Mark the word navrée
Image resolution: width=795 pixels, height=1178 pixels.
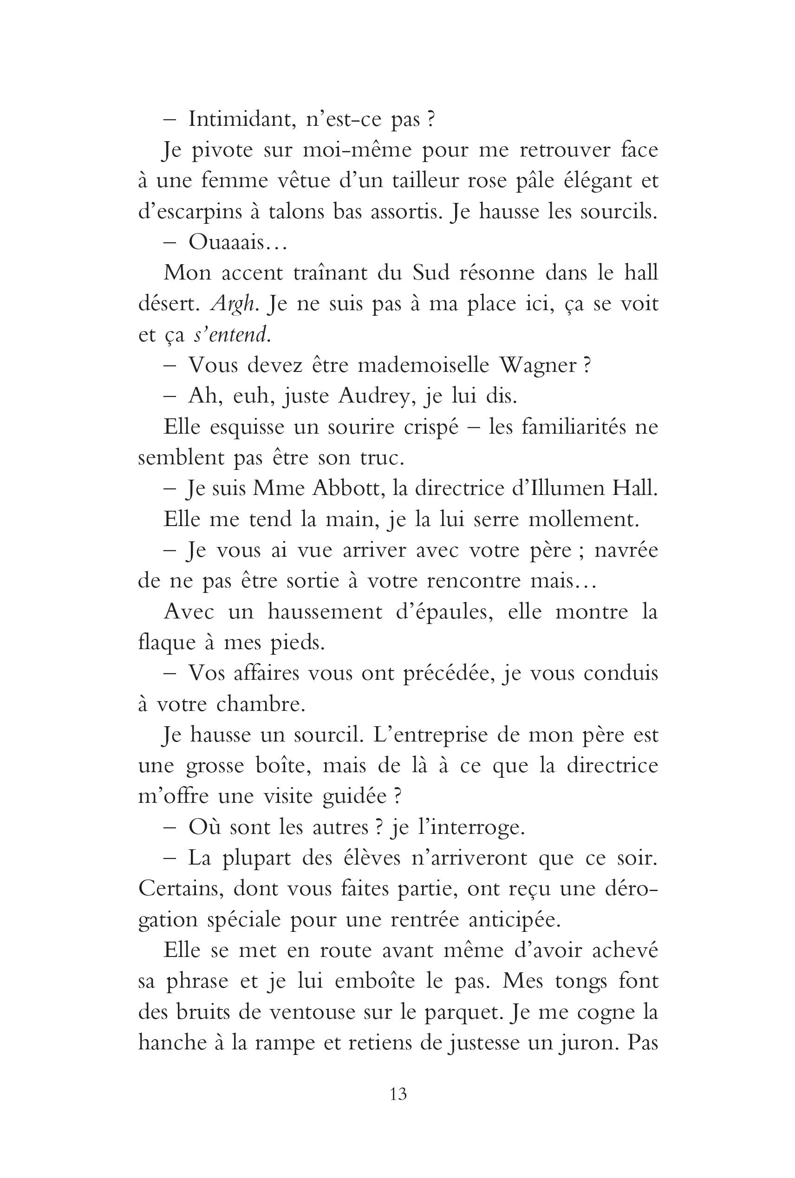click(x=626, y=550)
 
